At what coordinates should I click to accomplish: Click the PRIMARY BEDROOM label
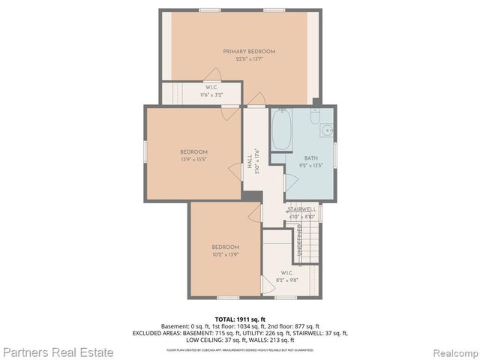[x=248, y=51]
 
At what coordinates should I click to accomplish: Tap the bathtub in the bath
[x=282, y=130]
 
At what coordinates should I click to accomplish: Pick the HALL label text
[x=250, y=161]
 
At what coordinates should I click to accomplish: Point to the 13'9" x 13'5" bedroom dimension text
[x=193, y=159]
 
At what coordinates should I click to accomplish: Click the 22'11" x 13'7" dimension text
[x=248, y=58]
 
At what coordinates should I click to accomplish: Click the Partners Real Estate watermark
[x=58, y=351]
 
